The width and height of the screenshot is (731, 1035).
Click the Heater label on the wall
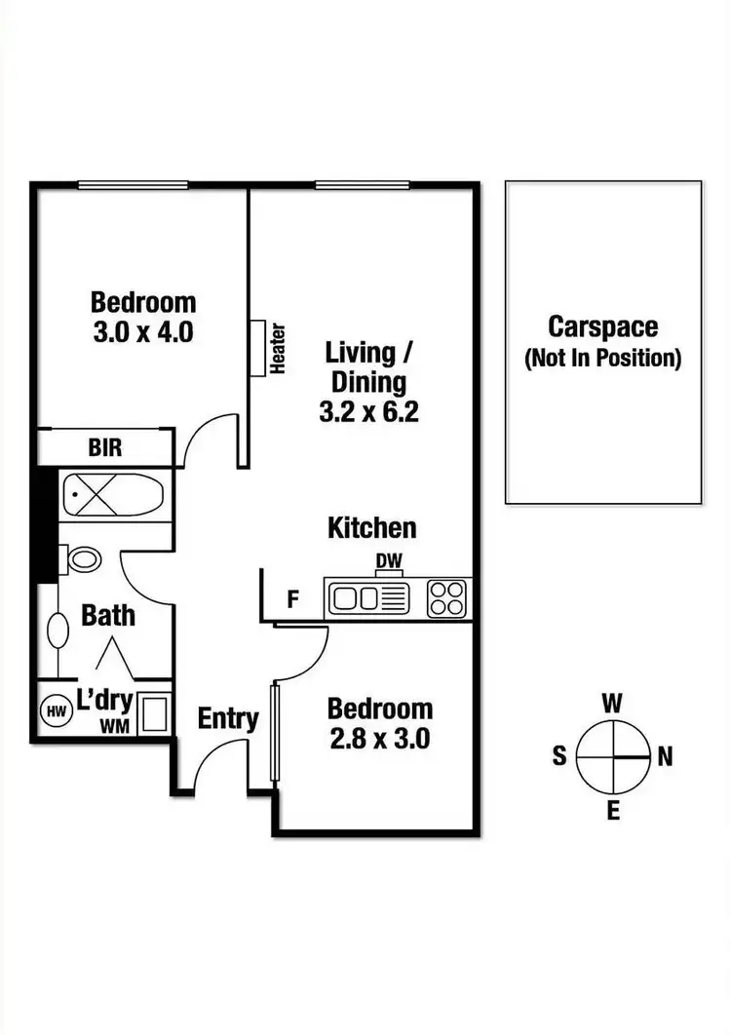click(278, 349)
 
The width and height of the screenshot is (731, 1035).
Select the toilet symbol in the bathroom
click(83, 559)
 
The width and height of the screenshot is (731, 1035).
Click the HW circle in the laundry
click(54, 711)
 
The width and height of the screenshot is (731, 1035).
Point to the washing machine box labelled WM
click(151, 713)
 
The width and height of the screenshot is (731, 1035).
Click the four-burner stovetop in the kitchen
click(447, 596)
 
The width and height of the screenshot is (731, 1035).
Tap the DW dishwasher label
click(389, 561)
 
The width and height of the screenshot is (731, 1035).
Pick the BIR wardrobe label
click(105, 448)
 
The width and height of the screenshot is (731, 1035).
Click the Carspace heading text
click(602, 326)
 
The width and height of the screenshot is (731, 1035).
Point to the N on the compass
click(665, 756)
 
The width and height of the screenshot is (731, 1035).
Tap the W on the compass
click(612, 702)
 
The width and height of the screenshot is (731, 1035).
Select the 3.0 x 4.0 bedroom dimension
click(143, 331)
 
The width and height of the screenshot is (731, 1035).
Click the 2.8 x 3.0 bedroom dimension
click(379, 738)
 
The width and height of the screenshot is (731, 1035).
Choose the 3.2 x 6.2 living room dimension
click(368, 412)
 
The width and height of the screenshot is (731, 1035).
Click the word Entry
click(228, 719)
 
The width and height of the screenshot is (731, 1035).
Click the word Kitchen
click(371, 528)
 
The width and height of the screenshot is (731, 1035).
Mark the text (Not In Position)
click(602, 358)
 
